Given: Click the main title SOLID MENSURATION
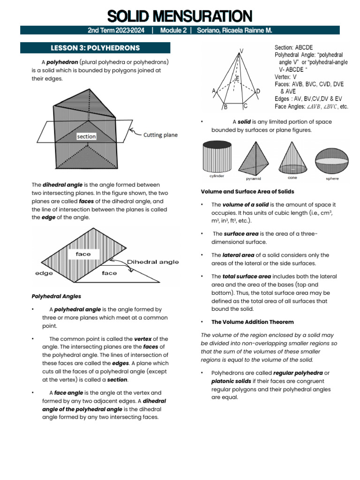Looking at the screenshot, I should (180, 16).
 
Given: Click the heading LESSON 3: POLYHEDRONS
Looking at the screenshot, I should (95, 48).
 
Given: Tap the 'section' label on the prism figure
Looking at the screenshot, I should (87, 136).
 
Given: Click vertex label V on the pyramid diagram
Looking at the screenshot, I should (241, 50).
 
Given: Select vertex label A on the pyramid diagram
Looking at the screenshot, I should (214, 90).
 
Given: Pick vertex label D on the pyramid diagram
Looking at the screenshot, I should (258, 91).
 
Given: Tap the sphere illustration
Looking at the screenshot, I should (331, 161).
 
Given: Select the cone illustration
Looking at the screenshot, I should (292, 158).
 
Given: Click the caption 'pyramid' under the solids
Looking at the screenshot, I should (254, 179).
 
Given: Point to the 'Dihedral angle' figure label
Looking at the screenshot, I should (153, 262).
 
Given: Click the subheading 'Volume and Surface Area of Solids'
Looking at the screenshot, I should (247, 192).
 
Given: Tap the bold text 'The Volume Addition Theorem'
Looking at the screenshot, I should (253, 322).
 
